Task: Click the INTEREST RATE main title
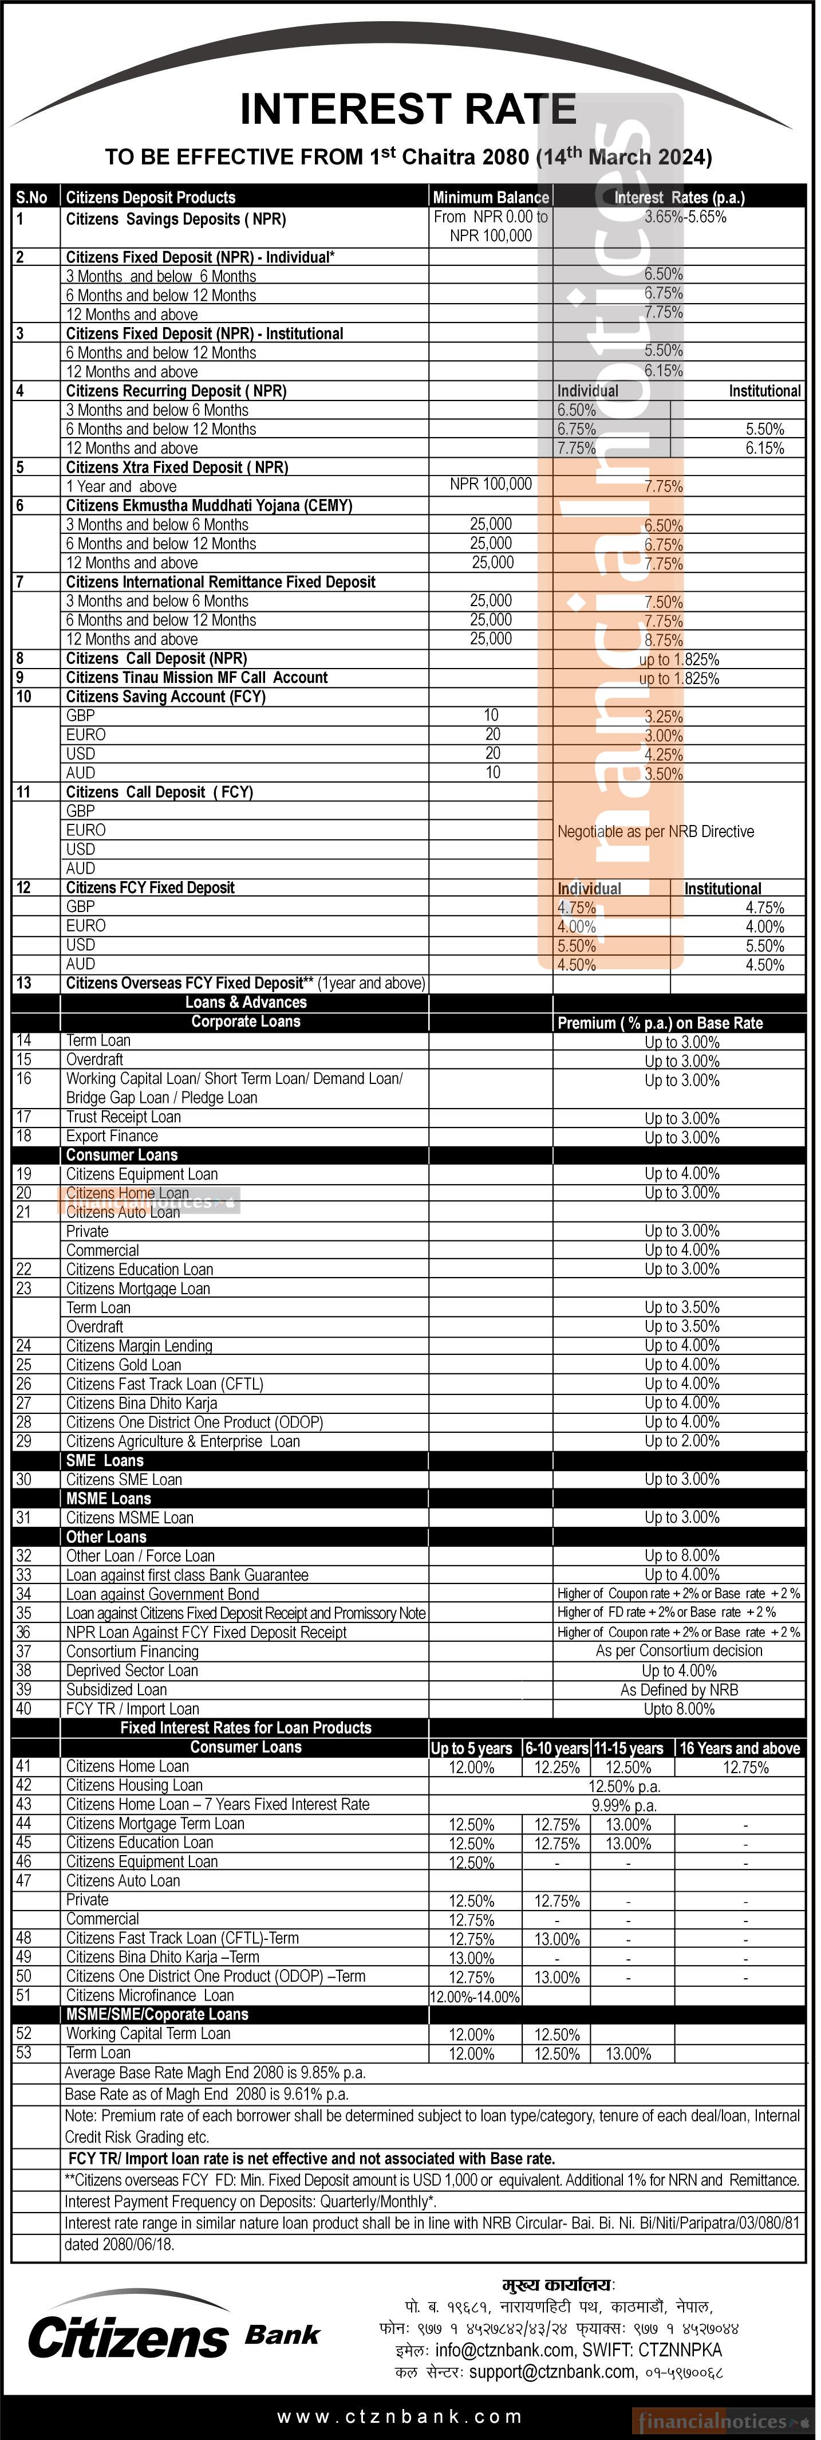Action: (x=410, y=110)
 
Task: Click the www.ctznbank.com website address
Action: (x=400, y=2417)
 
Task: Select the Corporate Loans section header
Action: (x=246, y=1022)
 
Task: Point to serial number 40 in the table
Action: (x=23, y=1709)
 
